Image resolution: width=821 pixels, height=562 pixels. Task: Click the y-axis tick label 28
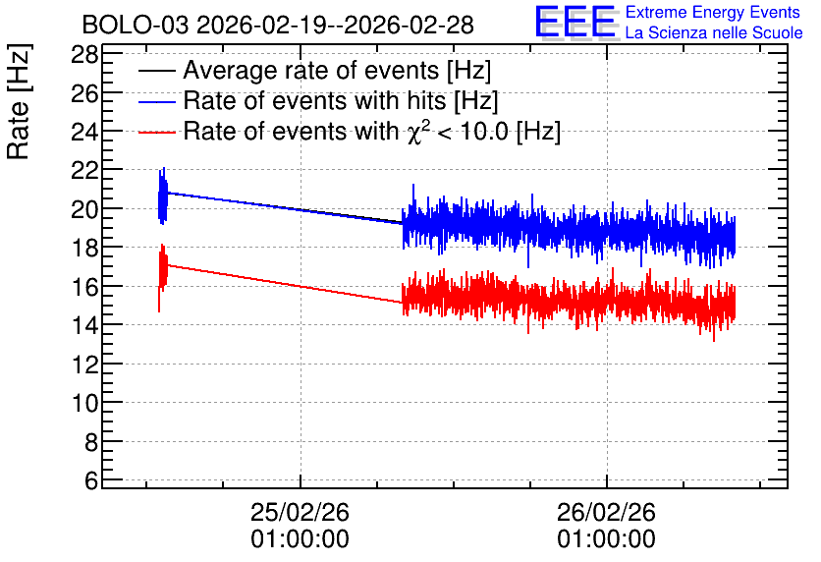[84, 54]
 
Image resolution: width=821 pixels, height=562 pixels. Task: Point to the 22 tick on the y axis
[84, 171]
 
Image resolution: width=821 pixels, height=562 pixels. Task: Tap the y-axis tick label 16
[84, 287]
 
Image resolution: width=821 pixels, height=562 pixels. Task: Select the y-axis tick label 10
[84, 403]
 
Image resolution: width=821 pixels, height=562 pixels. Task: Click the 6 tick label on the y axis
[91, 480]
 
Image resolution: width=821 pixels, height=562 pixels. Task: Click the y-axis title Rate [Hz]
[19, 101]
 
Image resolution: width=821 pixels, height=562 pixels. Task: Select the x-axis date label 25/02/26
[300, 512]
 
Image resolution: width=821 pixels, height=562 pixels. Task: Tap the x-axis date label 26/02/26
[606, 512]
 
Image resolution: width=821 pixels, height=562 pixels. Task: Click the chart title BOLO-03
[136, 25]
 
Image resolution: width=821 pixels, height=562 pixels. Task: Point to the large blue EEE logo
[575, 22]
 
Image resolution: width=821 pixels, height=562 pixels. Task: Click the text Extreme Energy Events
[713, 12]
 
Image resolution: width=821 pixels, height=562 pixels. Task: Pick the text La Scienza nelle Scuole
[714, 32]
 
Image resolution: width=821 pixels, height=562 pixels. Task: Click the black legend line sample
[156, 71]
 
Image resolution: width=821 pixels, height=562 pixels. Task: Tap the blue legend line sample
[156, 101]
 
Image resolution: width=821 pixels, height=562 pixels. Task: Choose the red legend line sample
[156, 132]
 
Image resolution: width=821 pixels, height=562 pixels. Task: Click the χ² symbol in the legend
[418, 132]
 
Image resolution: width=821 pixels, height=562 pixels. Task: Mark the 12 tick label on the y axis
[84, 365]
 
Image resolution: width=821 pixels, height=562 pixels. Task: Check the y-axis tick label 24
[84, 132]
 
